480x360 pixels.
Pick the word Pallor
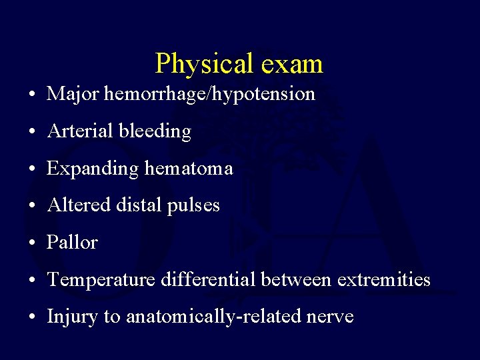pyautogui.click(x=72, y=243)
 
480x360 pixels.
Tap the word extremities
pyautogui.click(x=384, y=279)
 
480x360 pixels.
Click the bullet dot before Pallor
pyautogui.click(x=33, y=243)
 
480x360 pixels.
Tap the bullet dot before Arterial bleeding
pyautogui.click(x=33, y=132)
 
